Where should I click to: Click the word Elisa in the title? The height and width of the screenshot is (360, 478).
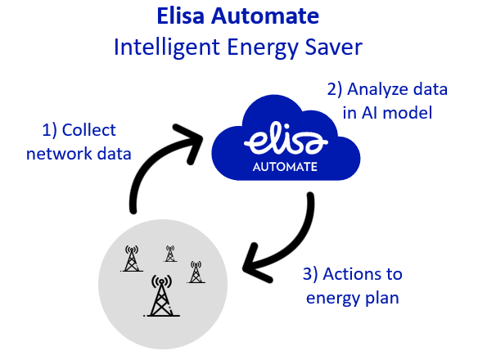click(180, 16)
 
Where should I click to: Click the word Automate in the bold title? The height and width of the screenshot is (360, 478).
click(265, 16)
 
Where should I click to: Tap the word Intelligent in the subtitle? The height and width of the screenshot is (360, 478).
click(167, 47)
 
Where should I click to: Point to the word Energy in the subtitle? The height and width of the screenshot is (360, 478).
click(263, 48)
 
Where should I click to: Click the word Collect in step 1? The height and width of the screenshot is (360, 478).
click(88, 130)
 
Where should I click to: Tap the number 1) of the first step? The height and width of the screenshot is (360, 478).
click(49, 130)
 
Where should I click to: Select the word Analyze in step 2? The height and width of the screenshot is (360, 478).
click(377, 90)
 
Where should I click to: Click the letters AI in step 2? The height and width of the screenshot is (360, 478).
click(368, 113)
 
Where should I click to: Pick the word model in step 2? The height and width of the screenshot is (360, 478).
click(408, 112)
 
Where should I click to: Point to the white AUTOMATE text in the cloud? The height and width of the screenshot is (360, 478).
click(285, 167)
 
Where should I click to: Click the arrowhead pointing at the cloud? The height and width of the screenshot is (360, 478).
click(189, 141)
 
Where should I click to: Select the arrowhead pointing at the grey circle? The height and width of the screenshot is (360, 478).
click(256, 263)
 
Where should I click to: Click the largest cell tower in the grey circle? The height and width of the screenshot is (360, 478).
click(161, 295)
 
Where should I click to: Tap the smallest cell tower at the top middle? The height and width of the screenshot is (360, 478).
click(170, 254)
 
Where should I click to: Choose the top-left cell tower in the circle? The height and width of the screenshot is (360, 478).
click(132, 259)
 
